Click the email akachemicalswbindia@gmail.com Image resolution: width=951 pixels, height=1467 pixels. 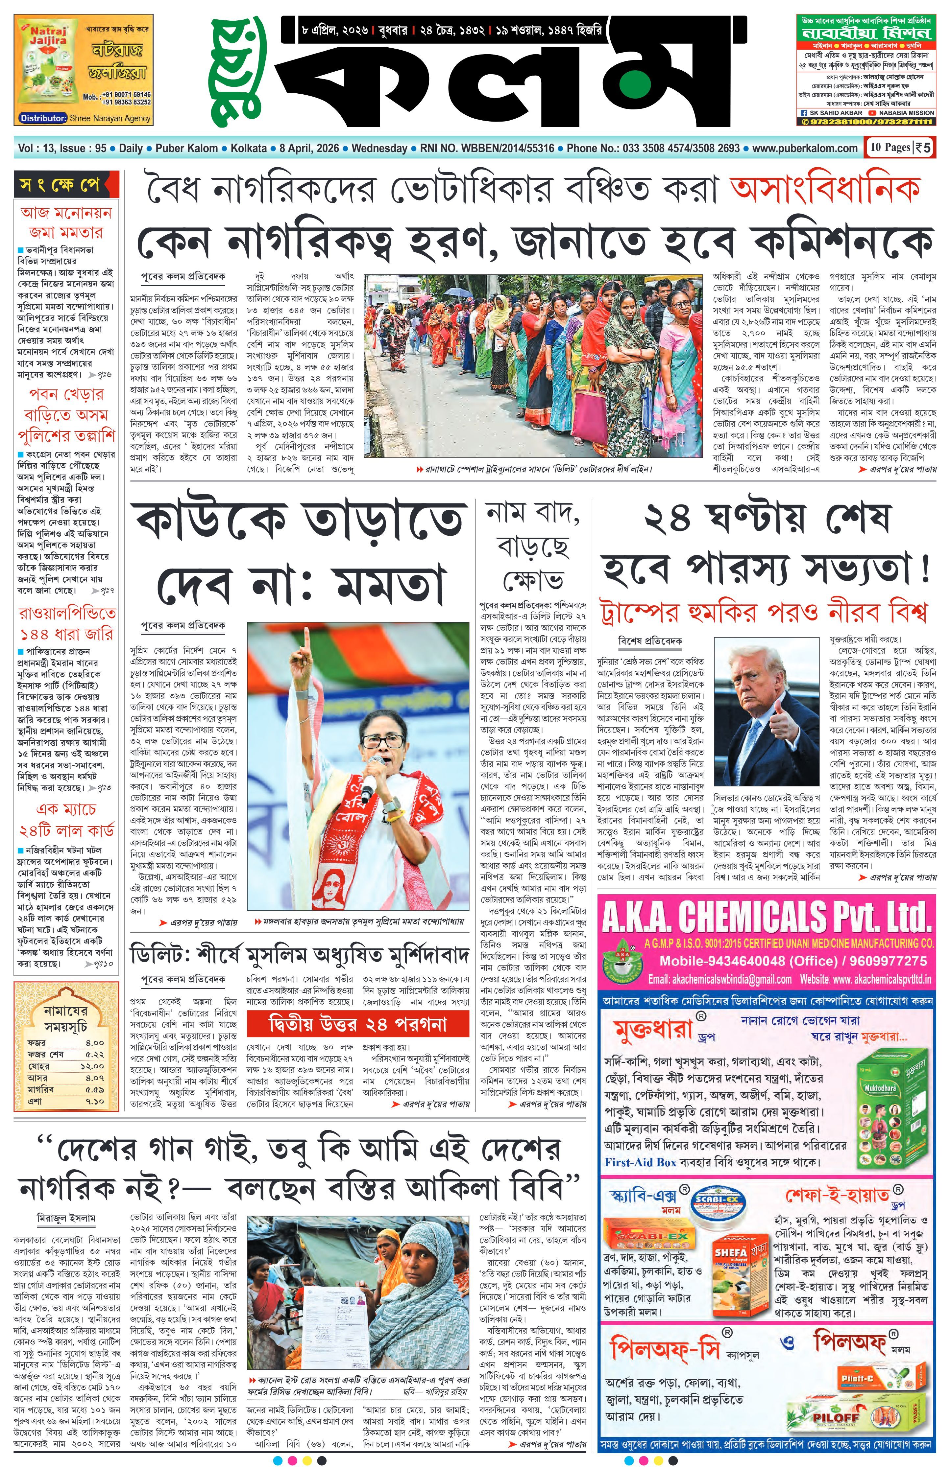pos(720,979)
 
